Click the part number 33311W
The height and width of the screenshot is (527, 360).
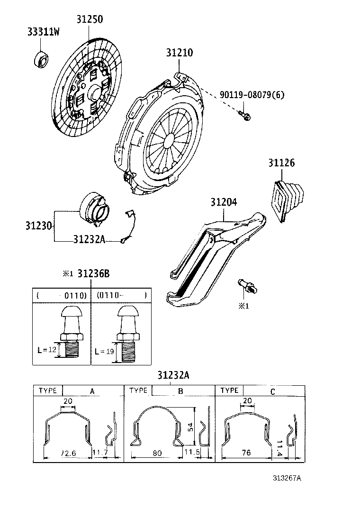point(43,32)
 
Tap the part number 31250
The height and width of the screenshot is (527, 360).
point(90,19)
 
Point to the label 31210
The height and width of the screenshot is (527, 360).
point(179,53)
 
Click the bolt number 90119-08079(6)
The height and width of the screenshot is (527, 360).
point(252,95)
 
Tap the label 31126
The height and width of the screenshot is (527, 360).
point(282,164)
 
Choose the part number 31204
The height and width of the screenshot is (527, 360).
point(224,202)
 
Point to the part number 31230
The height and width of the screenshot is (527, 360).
point(38,225)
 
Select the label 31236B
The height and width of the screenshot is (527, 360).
point(93,273)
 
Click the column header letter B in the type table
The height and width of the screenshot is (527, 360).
point(180,391)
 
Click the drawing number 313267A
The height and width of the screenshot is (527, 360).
point(287,478)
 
